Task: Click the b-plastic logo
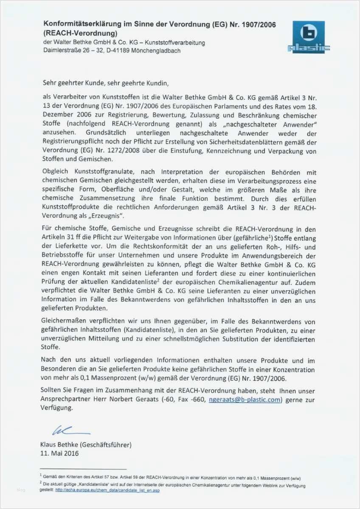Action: [309, 37]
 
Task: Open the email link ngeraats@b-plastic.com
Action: [245, 400]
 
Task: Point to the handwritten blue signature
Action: [65, 431]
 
